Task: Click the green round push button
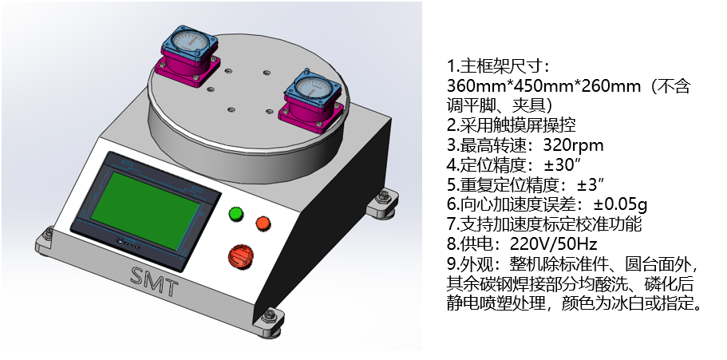(x=236, y=213)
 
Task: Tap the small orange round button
(x=263, y=224)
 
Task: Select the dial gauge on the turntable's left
(x=190, y=45)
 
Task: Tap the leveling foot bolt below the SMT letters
(x=268, y=317)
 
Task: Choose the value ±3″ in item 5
(x=591, y=184)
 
